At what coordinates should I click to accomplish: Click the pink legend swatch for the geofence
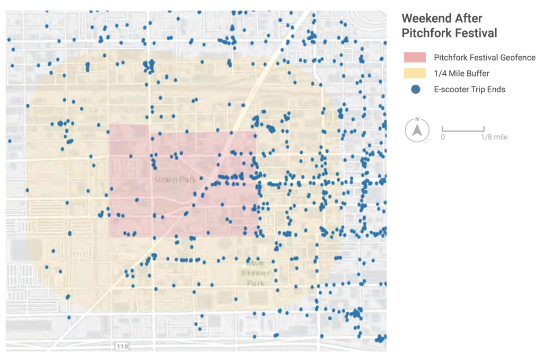[x=415, y=57]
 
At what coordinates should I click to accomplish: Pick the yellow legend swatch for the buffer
[x=415, y=73]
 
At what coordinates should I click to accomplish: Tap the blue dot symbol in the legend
[x=416, y=90]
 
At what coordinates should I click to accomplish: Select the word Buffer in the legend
[x=477, y=73]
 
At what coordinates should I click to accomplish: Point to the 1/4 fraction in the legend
[x=440, y=73]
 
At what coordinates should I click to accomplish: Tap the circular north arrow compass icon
[x=417, y=130]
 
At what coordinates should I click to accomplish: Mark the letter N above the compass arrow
[x=417, y=119]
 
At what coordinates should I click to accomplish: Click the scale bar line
[x=463, y=129]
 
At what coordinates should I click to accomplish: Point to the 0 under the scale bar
[x=443, y=137]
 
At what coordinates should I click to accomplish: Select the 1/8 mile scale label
[x=494, y=137]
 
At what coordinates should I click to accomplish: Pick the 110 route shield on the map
[x=121, y=346]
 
